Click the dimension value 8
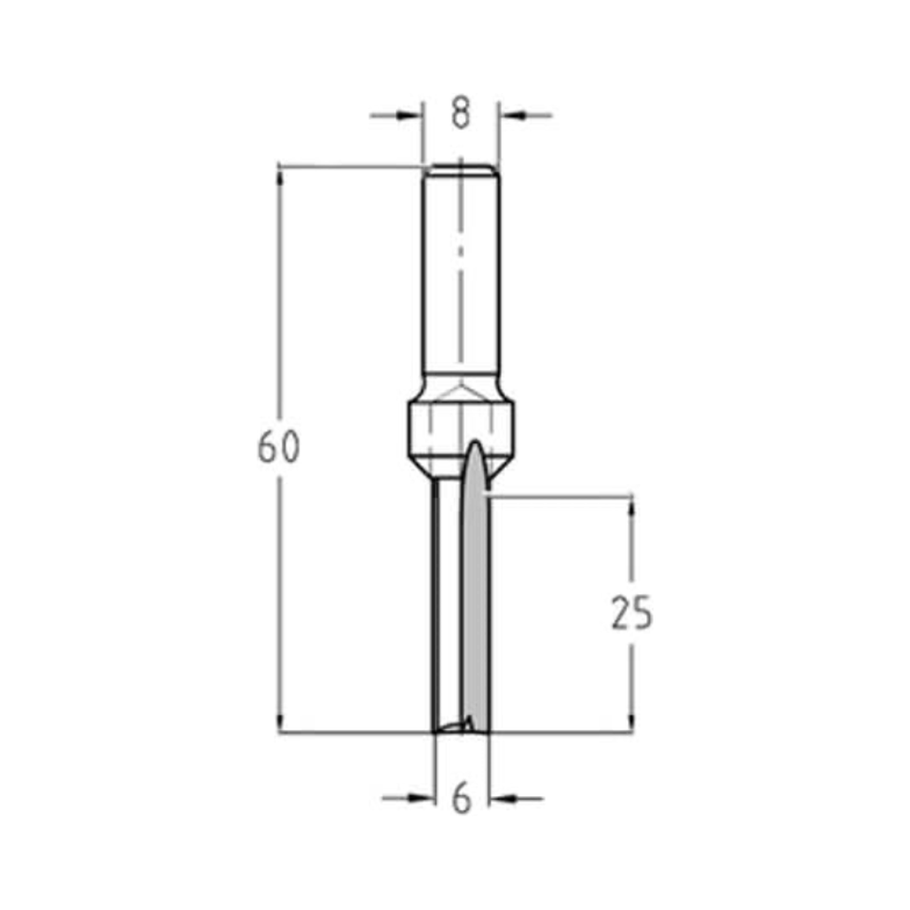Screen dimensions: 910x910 [460, 115]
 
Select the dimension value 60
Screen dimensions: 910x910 [278, 448]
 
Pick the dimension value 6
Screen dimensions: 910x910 [462, 799]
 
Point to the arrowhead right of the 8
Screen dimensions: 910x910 [511, 116]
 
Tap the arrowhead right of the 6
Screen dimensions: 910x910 [501, 799]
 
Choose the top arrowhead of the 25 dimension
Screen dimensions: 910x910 [631, 507]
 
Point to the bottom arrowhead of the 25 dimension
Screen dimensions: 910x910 [631, 722]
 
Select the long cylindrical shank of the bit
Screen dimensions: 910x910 [460, 273]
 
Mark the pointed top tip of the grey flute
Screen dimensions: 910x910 [475, 443]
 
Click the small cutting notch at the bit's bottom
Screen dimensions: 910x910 [455, 725]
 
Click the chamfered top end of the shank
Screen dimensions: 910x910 [460, 168]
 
